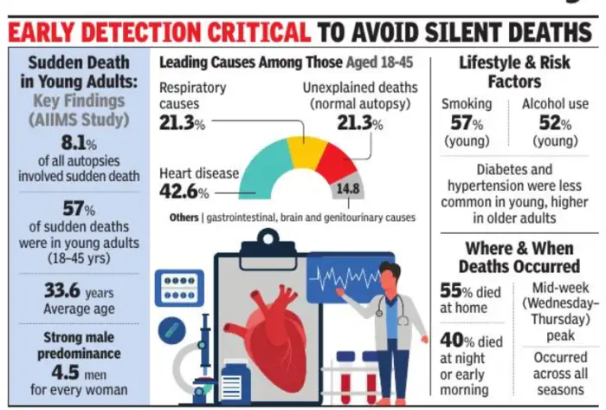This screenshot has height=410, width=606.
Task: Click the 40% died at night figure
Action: pos(457,340)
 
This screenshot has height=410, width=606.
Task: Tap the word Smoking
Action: pos(467,104)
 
